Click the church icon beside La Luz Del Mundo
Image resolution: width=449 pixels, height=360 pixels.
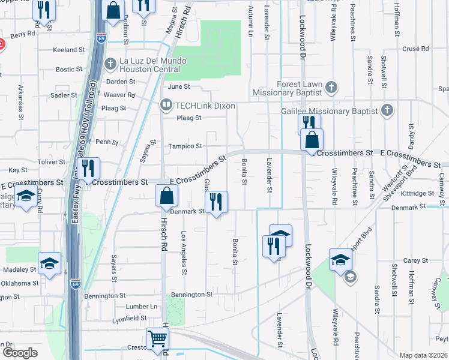pyautogui.click(x=110, y=63)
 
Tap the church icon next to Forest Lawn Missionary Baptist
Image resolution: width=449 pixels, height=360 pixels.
pyautogui.click(x=330, y=88)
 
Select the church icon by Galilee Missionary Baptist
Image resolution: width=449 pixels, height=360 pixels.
pyautogui.click(x=387, y=110)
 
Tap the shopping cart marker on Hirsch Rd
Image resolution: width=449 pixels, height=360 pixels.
pyautogui.click(x=157, y=338)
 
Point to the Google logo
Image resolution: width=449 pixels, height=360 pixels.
pyautogui.click(x=20, y=353)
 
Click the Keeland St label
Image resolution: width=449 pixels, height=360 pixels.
pyautogui.click(x=66, y=50)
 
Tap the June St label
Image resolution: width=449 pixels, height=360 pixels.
pyautogui.click(x=175, y=86)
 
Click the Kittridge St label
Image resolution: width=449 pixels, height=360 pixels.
pyautogui.click(x=417, y=194)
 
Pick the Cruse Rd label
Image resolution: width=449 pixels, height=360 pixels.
pyautogui.click(x=415, y=49)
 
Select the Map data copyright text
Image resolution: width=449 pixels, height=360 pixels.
pyautogui.click(x=423, y=355)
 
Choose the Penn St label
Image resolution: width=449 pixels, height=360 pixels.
pyautogui.click(x=106, y=142)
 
